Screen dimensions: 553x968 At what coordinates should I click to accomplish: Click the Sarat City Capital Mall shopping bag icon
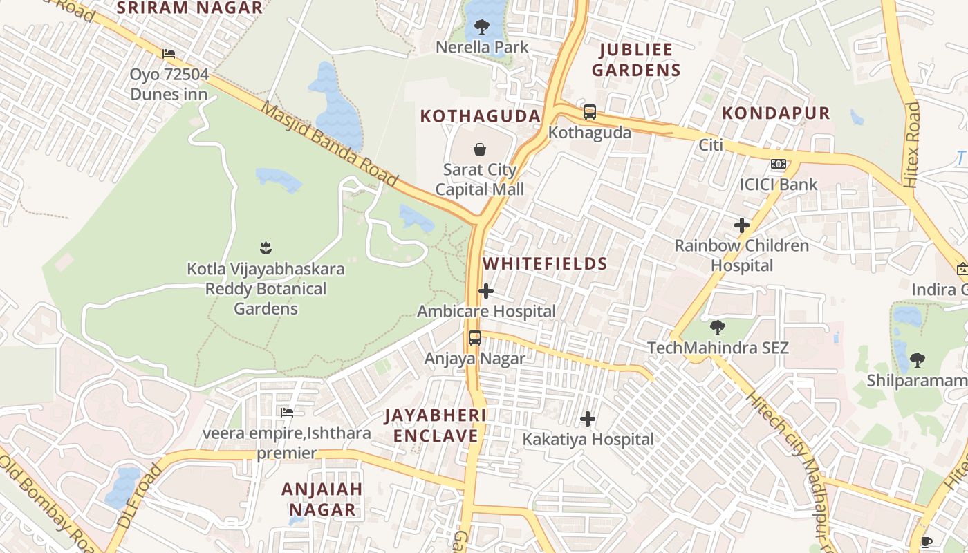[x=479, y=149]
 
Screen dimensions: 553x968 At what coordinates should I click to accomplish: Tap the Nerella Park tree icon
[x=482, y=28]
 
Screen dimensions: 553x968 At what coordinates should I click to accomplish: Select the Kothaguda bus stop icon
[x=589, y=112]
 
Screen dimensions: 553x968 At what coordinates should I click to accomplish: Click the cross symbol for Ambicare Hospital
[x=486, y=291]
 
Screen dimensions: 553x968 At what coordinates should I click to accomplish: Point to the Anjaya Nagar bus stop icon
[x=474, y=338]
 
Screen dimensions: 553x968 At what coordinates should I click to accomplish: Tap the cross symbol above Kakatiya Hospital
[x=588, y=419]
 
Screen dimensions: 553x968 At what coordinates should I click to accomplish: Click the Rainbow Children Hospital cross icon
[x=741, y=225]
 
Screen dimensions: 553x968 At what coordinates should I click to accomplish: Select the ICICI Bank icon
[x=779, y=164]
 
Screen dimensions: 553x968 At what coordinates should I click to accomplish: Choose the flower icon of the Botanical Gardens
[x=266, y=247]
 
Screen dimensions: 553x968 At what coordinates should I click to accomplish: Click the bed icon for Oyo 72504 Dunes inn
[x=169, y=54]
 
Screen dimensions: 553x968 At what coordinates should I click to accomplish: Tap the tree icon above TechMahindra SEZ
[x=718, y=327]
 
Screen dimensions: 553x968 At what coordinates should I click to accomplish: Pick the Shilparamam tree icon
[x=917, y=359]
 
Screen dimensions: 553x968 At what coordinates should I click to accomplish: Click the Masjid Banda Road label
[x=330, y=144]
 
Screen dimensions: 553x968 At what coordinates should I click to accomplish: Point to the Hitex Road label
[x=911, y=145]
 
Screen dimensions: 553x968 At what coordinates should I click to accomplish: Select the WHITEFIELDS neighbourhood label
[x=545, y=263]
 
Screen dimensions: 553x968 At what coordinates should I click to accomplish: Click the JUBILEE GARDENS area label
[x=636, y=59]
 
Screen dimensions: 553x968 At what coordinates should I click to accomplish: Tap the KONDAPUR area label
[x=776, y=113]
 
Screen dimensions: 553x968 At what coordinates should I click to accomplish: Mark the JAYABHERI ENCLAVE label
[x=436, y=425]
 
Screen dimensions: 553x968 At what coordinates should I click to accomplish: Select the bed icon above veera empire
[x=287, y=413]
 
